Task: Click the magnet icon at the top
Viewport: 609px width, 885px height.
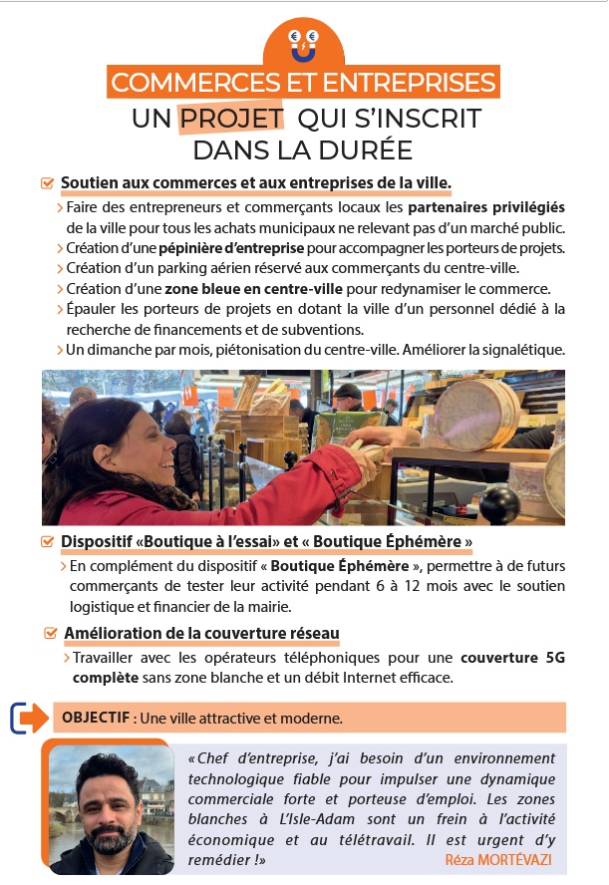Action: pos(304,45)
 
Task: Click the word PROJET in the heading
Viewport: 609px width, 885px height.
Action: pos(231,119)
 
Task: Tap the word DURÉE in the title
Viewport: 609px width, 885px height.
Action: pos(365,150)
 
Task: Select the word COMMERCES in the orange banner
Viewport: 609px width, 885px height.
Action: pos(195,83)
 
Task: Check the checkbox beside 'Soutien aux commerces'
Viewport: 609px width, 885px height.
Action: pos(48,183)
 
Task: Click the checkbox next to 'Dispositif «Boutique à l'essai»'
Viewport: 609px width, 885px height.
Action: pos(48,542)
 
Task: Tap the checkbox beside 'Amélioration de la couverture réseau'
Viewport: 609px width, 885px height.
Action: pos(51,633)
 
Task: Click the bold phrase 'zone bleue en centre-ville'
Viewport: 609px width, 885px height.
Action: pos(253,289)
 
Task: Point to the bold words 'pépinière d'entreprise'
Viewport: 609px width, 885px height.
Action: pos(231,248)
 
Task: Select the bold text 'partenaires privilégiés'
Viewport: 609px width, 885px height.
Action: pos(486,207)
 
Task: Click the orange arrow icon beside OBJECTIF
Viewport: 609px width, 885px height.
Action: pos(30,718)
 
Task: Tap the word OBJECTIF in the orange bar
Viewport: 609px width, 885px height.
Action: pos(96,718)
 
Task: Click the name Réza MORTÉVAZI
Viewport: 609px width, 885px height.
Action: pos(498,860)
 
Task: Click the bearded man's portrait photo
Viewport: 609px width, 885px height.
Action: pos(112,810)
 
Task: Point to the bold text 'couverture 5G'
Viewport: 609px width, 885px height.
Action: pos(512,658)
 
